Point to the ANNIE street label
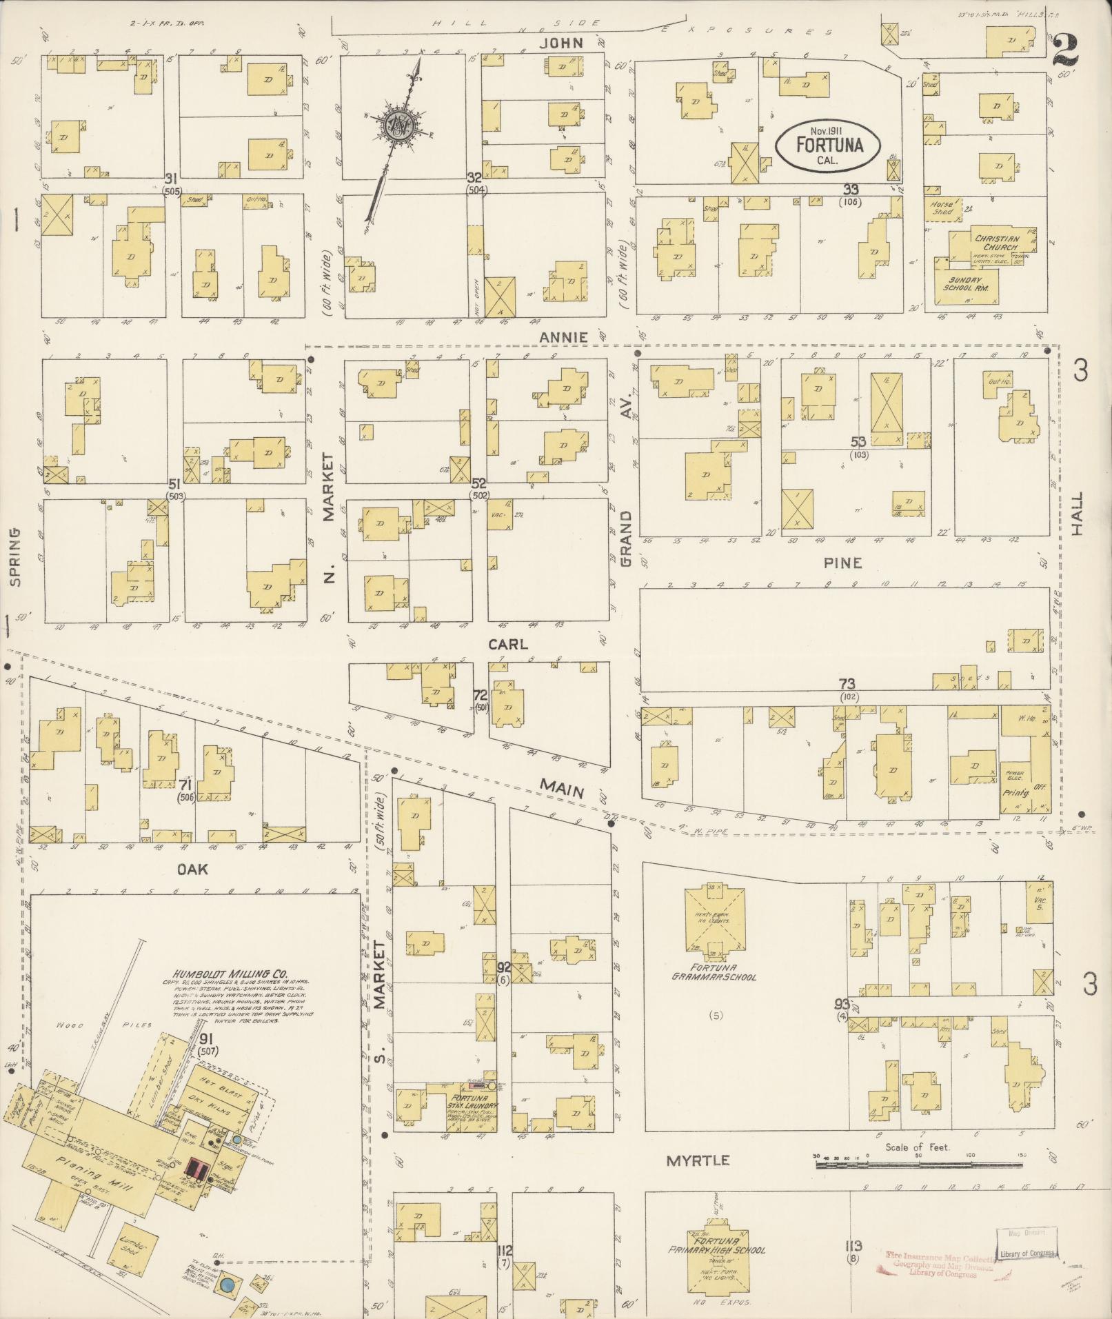tap(563, 337)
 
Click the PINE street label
tap(842, 563)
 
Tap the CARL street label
tap(508, 644)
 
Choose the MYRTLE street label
tap(698, 1160)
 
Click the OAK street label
tap(192, 869)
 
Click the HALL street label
tap(1078, 514)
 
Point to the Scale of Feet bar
tap(918, 1165)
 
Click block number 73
tap(847, 683)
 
